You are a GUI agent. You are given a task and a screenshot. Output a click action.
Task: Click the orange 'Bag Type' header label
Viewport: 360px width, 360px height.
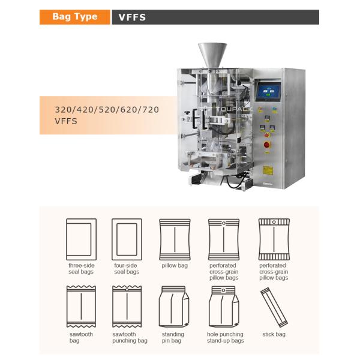[75, 17]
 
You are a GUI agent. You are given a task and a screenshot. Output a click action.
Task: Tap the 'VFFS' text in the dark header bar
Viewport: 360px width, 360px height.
[132, 17]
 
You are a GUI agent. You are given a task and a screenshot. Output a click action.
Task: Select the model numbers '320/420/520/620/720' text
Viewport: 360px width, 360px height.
[107, 110]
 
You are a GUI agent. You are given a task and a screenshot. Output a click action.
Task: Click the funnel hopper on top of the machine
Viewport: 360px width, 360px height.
[212, 55]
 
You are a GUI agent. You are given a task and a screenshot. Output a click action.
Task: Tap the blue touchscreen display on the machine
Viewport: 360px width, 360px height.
[268, 92]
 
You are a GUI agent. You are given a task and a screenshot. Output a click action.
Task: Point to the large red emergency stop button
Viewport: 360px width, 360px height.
[267, 145]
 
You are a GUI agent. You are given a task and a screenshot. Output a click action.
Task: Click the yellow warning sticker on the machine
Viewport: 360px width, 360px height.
[268, 170]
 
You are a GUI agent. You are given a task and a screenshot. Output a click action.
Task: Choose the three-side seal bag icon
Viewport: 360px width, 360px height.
[81, 239]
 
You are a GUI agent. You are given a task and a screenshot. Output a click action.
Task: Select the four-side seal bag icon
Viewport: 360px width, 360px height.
[127, 239]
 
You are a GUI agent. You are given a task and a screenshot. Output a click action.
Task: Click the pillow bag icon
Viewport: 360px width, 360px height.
[175, 239]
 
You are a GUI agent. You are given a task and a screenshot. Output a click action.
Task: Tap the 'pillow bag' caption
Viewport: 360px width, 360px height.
[175, 266]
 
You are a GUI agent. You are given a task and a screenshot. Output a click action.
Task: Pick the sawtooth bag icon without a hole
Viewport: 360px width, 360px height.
[81, 307]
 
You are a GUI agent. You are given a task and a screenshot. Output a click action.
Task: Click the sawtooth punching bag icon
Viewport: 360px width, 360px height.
[127, 307]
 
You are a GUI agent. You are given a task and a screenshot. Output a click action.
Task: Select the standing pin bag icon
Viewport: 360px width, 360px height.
[174, 307]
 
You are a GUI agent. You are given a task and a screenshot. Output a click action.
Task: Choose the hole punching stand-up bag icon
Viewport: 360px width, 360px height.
[224, 307]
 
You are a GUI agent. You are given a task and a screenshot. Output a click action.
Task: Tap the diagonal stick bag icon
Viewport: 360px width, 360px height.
[274, 307]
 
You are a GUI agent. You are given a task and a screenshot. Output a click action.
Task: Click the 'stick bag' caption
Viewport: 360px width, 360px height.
[274, 334]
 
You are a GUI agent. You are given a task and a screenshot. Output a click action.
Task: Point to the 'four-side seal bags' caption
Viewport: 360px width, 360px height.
[127, 269]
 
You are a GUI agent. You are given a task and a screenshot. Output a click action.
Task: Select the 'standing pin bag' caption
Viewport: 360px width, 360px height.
[173, 337]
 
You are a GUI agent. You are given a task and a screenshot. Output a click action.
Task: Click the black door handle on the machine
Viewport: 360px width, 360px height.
[194, 118]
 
